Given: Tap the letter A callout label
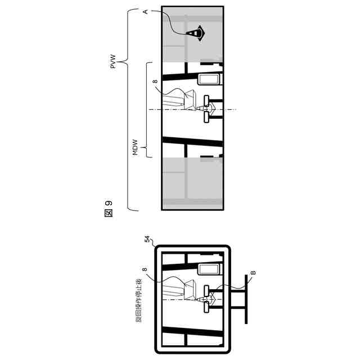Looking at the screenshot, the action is coord(146,11).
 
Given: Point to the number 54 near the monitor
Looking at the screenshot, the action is coord(147,240).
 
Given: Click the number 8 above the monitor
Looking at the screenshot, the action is coord(145,271).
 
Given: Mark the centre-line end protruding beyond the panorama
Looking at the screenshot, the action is coord(234,109).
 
